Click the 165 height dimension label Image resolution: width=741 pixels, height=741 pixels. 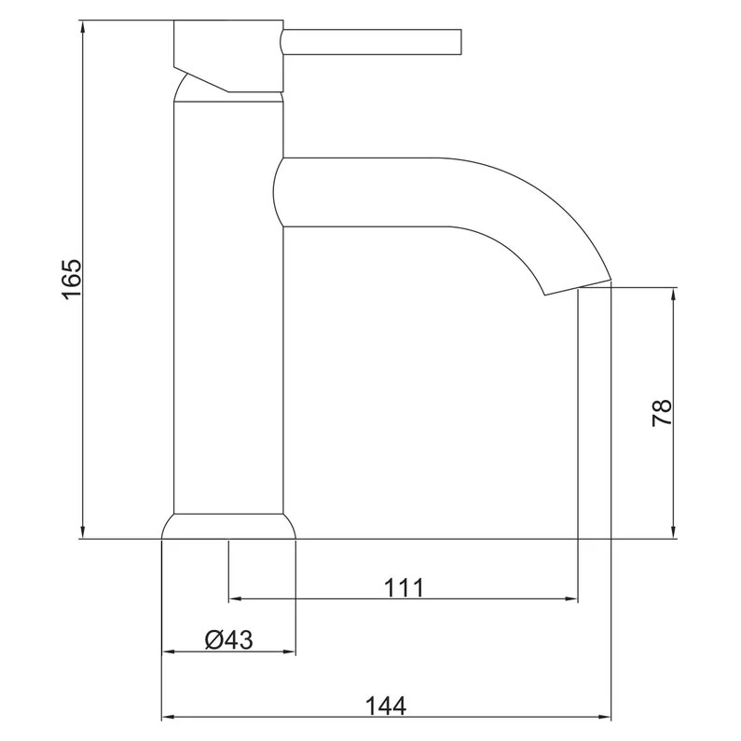[72, 279]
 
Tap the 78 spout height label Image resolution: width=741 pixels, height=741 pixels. [661, 412]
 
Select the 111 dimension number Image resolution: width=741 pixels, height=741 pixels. [404, 587]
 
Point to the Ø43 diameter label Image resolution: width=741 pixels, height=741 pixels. [228, 640]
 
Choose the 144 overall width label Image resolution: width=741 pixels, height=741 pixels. [386, 707]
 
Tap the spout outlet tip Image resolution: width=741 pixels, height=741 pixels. [578, 285]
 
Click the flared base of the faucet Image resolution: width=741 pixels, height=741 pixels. [228, 526]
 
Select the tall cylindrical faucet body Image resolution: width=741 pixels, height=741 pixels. [228, 308]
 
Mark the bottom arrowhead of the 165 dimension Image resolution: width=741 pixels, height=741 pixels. [83, 530]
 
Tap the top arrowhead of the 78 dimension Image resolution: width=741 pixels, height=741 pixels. [674, 295]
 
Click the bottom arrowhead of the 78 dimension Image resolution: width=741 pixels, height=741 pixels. [674, 530]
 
